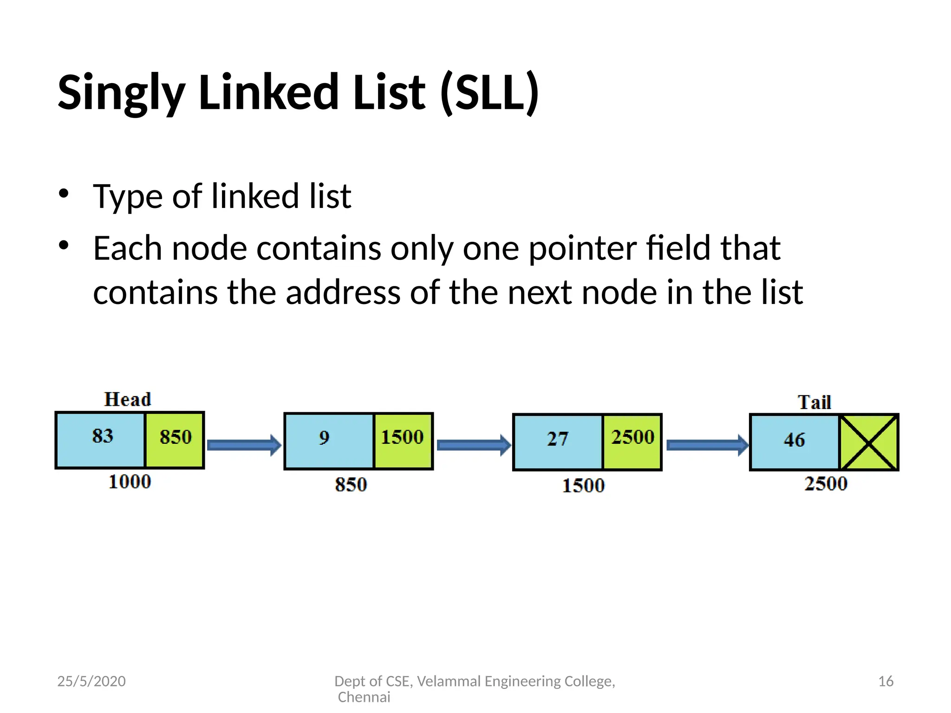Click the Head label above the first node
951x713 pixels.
click(128, 399)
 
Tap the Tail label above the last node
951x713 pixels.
click(814, 402)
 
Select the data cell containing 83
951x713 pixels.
click(101, 439)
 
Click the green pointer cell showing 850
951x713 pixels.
click(175, 439)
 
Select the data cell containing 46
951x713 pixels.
click(795, 442)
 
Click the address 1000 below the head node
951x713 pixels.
click(130, 482)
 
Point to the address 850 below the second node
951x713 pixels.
click(351, 485)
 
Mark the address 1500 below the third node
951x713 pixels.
click(584, 486)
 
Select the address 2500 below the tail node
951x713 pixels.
click(826, 484)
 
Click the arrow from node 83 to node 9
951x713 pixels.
click(244, 446)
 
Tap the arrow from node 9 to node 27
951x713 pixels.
click(473, 446)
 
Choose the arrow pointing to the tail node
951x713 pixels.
click(707, 446)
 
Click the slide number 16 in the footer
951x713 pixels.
click(886, 681)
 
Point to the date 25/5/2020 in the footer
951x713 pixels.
click(91, 681)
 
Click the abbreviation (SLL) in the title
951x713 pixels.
click(490, 93)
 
